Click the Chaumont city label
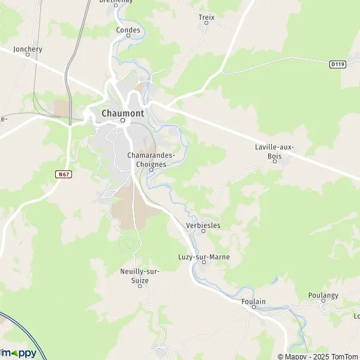(x=123, y=113)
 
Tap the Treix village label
(x=206, y=17)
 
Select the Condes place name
(x=128, y=29)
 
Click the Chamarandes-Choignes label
(x=151, y=159)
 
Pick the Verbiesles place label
(x=203, y=225)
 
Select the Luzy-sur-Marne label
(x=204, y=257)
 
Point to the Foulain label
(x=253, y=301)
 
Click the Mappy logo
(x=19, y=353)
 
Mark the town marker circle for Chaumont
(x=123, y=121)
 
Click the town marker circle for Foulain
(x=254, y=308)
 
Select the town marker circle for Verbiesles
(x=203, y=231)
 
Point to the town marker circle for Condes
(x=128, y=35)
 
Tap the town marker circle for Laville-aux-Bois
(x=276, y=160)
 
